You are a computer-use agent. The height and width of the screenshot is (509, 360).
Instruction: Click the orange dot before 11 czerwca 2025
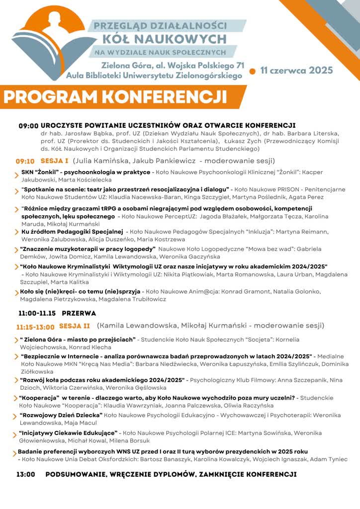pyautogui.click(x=252, y=71)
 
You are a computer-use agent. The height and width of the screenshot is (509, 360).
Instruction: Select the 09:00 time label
pyautogui.click(x=28, y=126)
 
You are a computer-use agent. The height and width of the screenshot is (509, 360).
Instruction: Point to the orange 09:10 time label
pyautogui.click(x=25, y=161)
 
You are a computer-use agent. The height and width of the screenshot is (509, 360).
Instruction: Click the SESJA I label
pyautogui.click(x=54, y=161)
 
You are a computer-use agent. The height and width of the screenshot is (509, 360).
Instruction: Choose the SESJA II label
pyautogui.click(x=75, y=326)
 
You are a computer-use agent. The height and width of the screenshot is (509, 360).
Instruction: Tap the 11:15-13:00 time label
pyautogui.click(x=35, y=327)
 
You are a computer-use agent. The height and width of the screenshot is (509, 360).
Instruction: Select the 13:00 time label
pyautogui.click(x=25, y=474)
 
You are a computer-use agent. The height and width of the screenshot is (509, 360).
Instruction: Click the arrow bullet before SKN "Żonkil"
pyautogui.click(x=16, y=173)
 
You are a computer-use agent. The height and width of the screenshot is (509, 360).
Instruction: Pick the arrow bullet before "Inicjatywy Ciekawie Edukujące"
pyautogui.click(x=15, y=434)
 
